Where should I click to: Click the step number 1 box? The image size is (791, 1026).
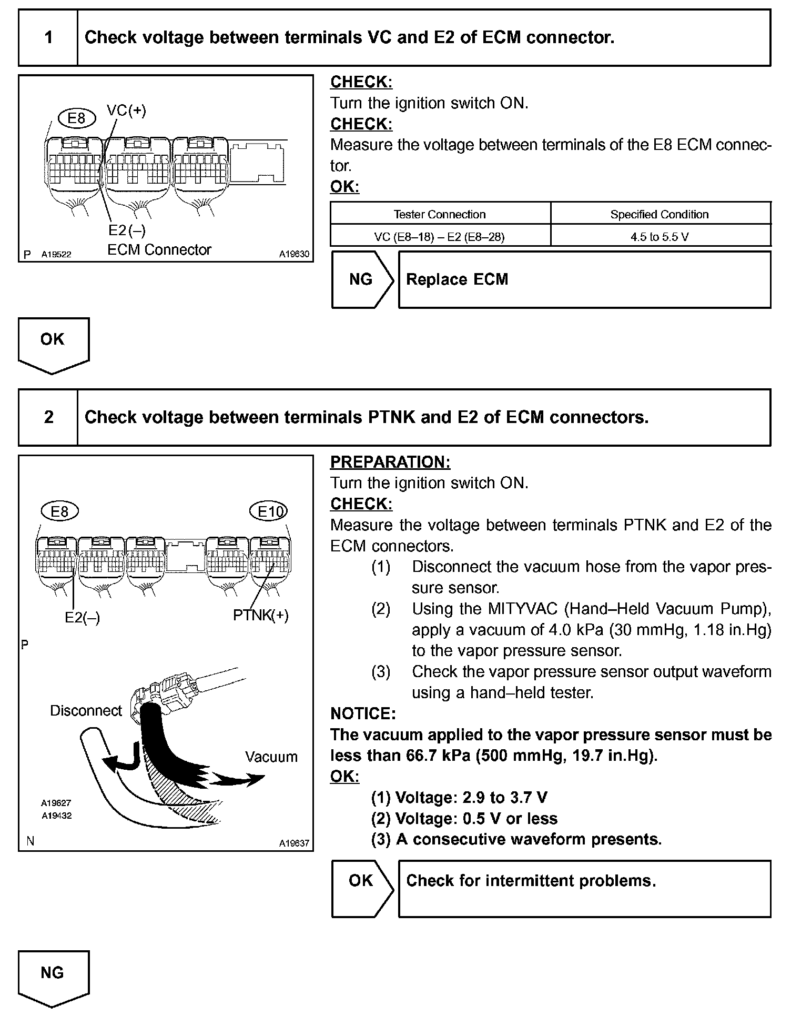[x=48, y=37]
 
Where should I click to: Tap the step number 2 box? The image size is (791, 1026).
[x=48, y=417]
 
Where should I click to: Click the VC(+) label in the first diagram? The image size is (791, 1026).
[x=126, y=110]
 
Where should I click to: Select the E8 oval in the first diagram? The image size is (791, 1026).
[x=77, y=118]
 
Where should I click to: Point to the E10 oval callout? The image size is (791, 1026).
[x=269, y=511]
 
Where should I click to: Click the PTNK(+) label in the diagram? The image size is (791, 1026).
[x=261, y=615]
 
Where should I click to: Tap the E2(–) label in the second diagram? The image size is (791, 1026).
[x=82, y=618]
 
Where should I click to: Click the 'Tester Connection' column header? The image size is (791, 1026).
[x=440, y=214]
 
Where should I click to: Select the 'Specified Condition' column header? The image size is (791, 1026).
[x=660, y=214]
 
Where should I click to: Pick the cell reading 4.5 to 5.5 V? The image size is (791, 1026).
[x=660, y=237]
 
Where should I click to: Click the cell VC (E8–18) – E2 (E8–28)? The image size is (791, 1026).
[x=440, y=237]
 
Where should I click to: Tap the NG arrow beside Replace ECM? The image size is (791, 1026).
[x=361, y=279]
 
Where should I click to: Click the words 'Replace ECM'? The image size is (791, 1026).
[x=457, y=279]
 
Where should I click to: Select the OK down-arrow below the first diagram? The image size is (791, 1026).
[x=53, y=343]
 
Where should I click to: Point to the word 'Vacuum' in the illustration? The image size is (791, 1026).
[x=271, y=757]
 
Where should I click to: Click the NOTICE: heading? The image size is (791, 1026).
[x=363, y=713]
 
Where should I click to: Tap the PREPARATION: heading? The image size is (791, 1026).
[x=390, y=462]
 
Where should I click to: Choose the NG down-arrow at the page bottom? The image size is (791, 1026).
[x=53, y=977]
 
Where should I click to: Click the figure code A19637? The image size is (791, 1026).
[x=294, y=843]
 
